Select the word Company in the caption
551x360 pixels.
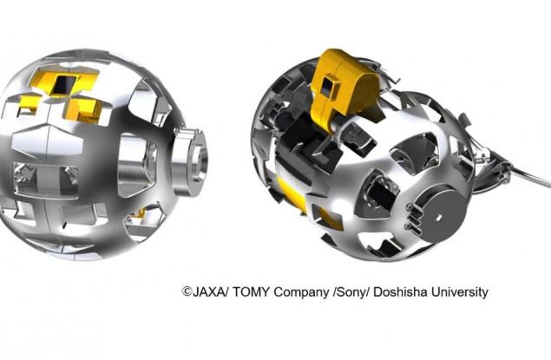[x=302, y=292]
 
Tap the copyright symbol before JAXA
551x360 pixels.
[x=187, y=291]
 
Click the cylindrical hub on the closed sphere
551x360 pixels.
[x=190, y=161]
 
